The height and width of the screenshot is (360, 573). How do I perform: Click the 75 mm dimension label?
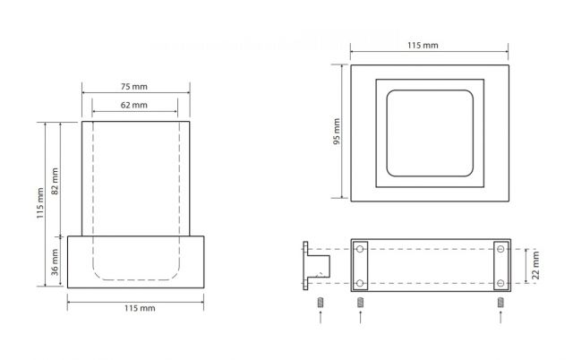point(134,87)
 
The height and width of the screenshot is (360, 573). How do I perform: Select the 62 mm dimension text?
point(134,105)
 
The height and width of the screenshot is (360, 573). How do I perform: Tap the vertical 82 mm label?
point(55,181)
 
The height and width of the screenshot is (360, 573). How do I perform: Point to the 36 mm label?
point(55,262)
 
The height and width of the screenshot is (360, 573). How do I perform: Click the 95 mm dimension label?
point(337,132)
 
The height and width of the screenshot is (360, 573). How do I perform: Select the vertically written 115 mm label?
point(39,203)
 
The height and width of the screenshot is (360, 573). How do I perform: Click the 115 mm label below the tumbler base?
point(140,308)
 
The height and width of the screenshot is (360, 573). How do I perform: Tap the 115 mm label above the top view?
point(423,46)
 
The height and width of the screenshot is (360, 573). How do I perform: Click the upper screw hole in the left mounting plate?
point(360,249)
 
